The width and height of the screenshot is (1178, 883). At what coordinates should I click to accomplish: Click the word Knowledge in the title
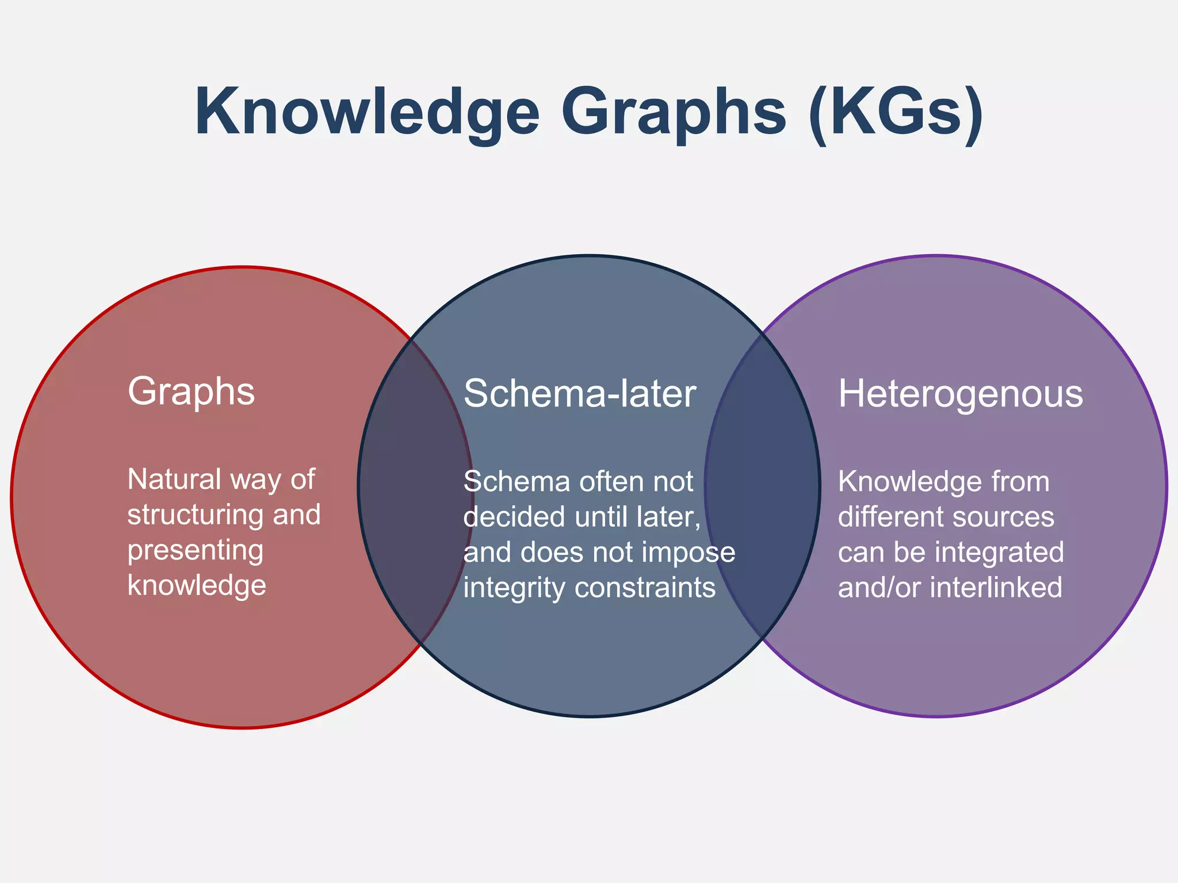(x=367, y=112)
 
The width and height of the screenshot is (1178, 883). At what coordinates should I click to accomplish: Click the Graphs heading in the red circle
(x=191, y=392)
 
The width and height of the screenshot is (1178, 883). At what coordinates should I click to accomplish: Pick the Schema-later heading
(x=580, y=394)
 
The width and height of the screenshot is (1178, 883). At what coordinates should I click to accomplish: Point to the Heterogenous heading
(x=960, y=394)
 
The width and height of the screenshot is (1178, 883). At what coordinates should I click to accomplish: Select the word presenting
(x=196, y=551)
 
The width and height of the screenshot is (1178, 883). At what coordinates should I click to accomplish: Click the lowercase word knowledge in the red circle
(x=197, y=586)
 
